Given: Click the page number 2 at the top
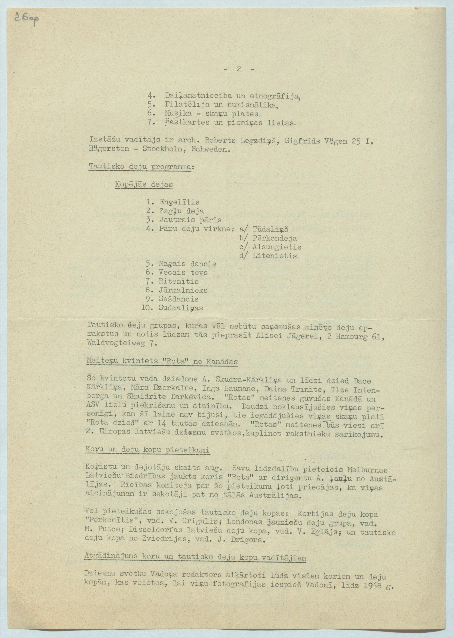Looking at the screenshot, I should click(239, 70).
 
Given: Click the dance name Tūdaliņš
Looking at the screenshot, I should click(270, 229).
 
